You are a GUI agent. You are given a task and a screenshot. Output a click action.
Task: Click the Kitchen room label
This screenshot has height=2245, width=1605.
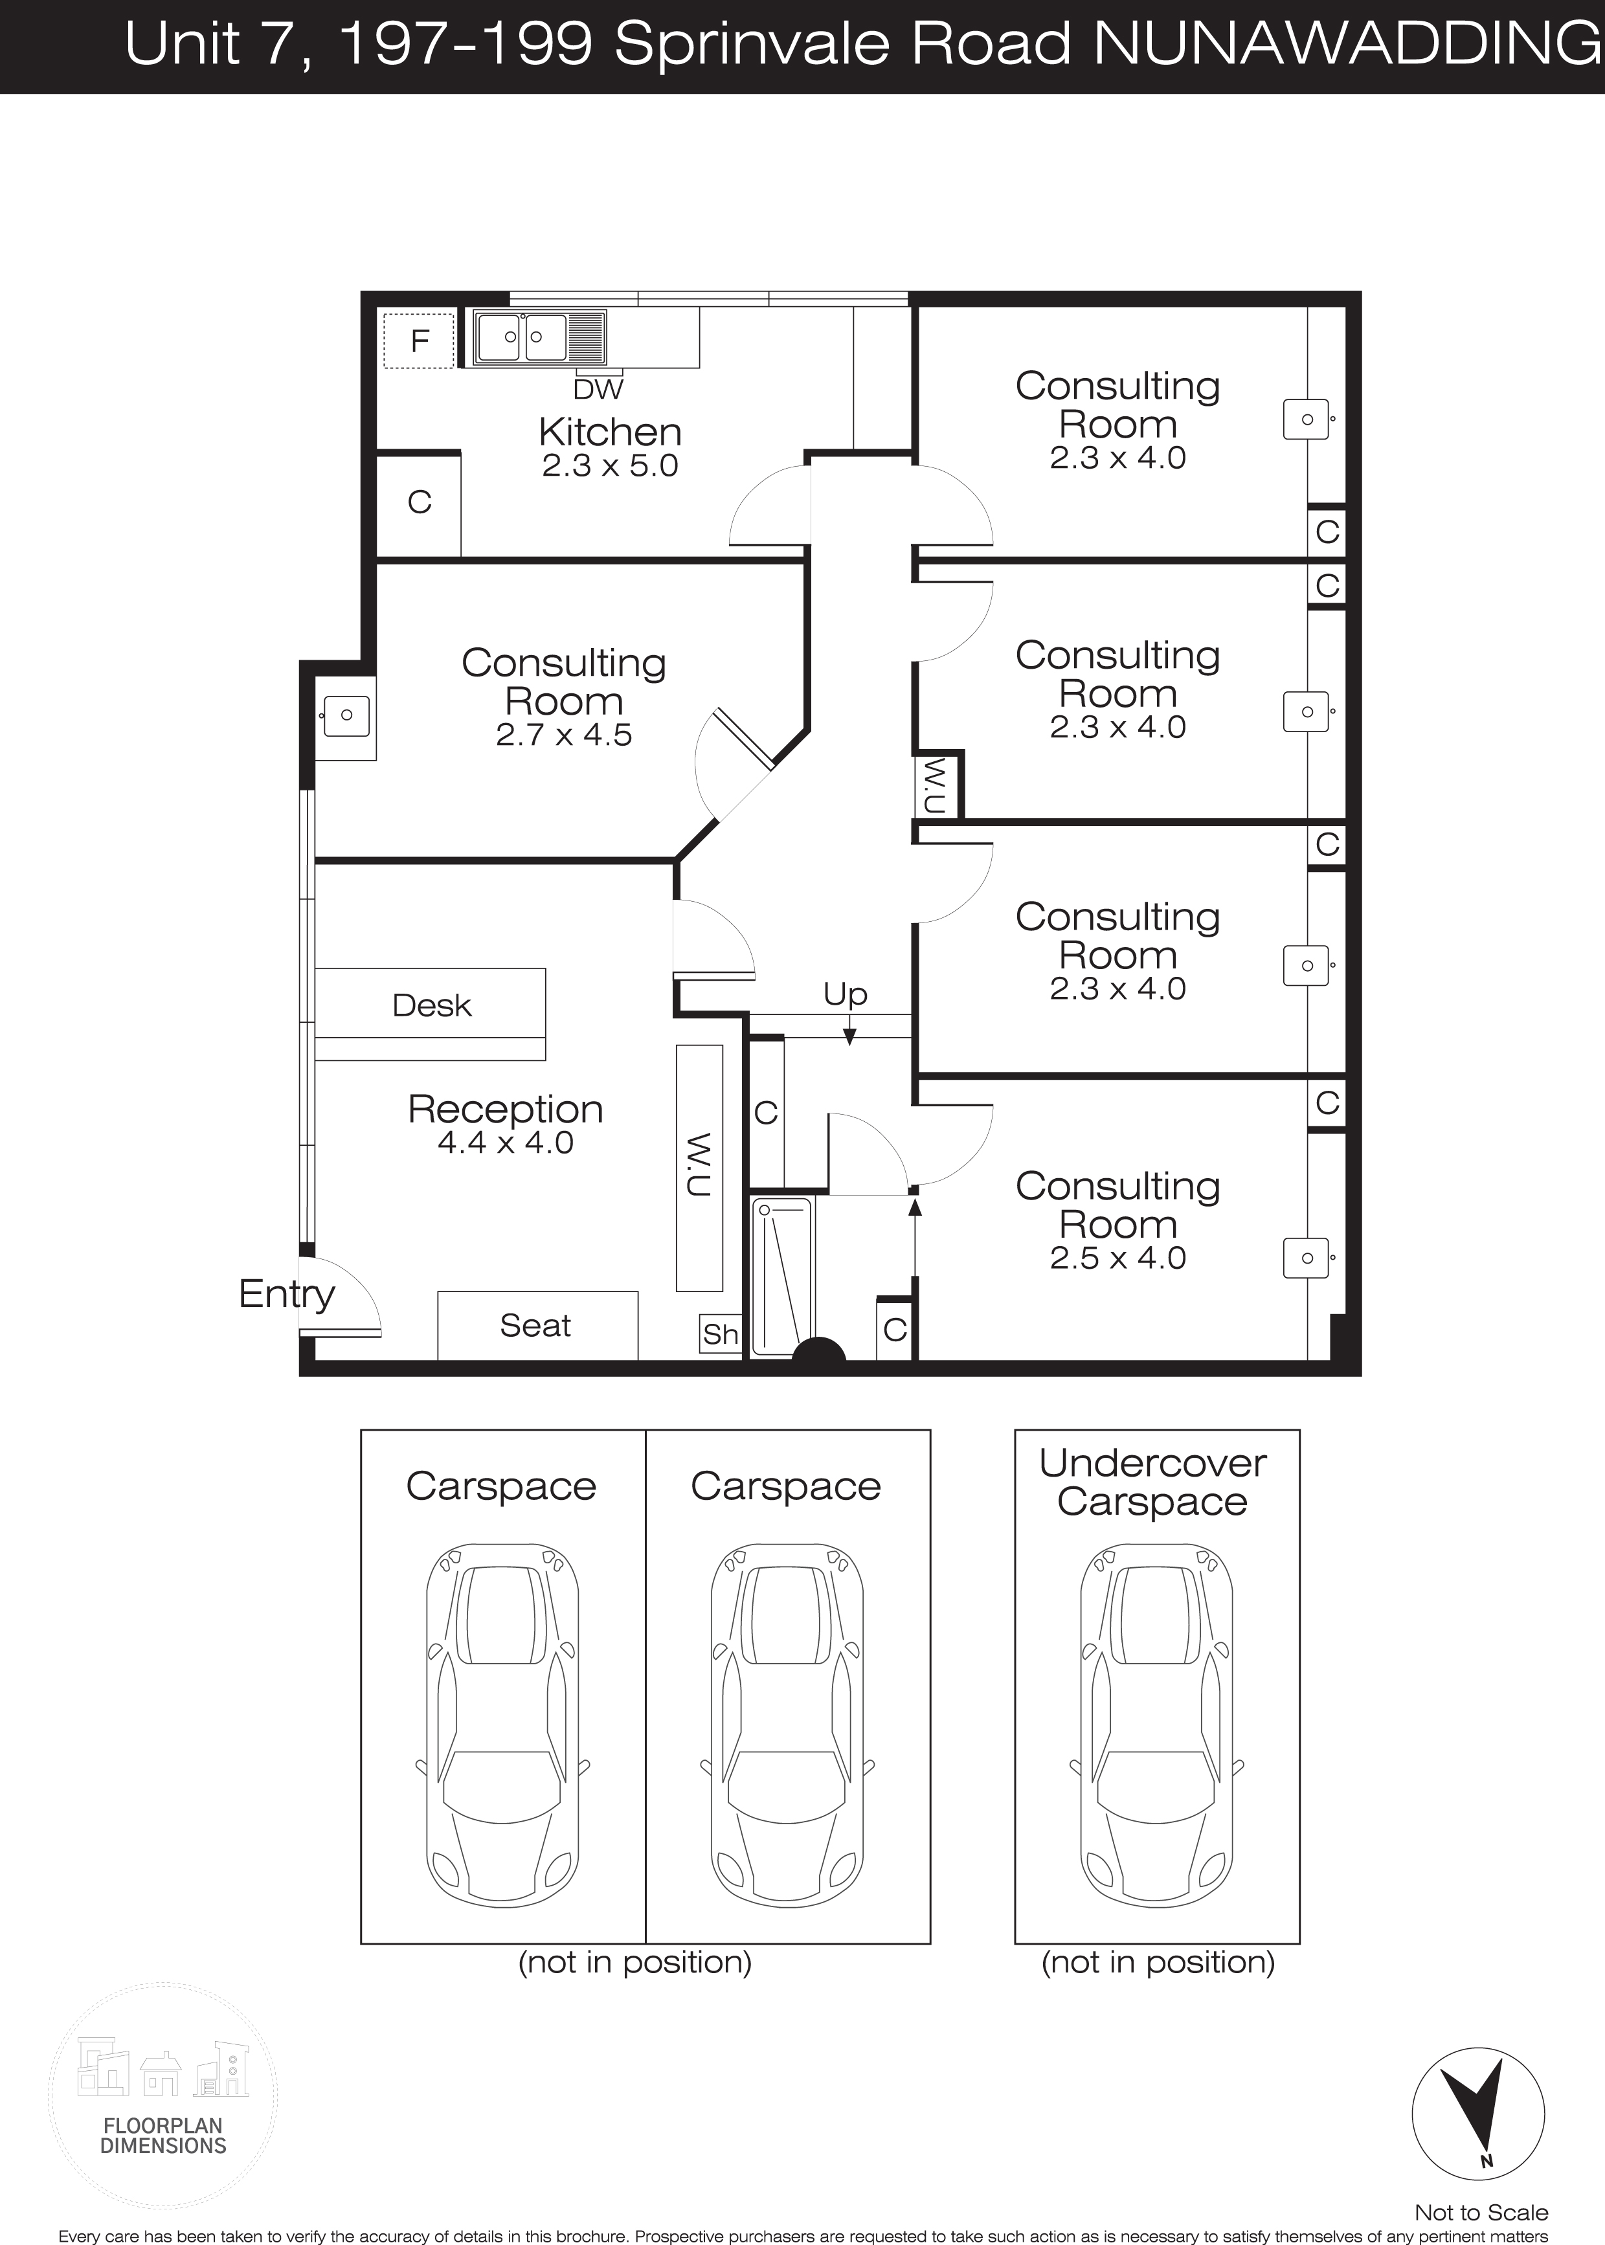(610, 432)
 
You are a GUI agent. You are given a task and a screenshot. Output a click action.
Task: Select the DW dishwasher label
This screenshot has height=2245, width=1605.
(598, 389)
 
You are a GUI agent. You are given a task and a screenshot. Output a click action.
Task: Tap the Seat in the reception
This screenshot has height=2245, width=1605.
(537, 1326)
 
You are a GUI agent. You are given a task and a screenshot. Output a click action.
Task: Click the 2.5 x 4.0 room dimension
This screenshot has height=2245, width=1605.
(1117, 1258)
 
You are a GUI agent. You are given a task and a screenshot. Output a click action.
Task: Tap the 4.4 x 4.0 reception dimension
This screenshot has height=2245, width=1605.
(505, 1143)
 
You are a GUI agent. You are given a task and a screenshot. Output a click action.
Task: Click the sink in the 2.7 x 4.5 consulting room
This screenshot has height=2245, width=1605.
(346, 715)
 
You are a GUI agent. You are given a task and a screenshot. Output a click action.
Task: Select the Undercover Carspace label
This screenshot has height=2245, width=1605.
(1152, 1482)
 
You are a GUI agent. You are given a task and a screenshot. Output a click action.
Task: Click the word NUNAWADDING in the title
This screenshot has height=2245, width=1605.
(1350, 45)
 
